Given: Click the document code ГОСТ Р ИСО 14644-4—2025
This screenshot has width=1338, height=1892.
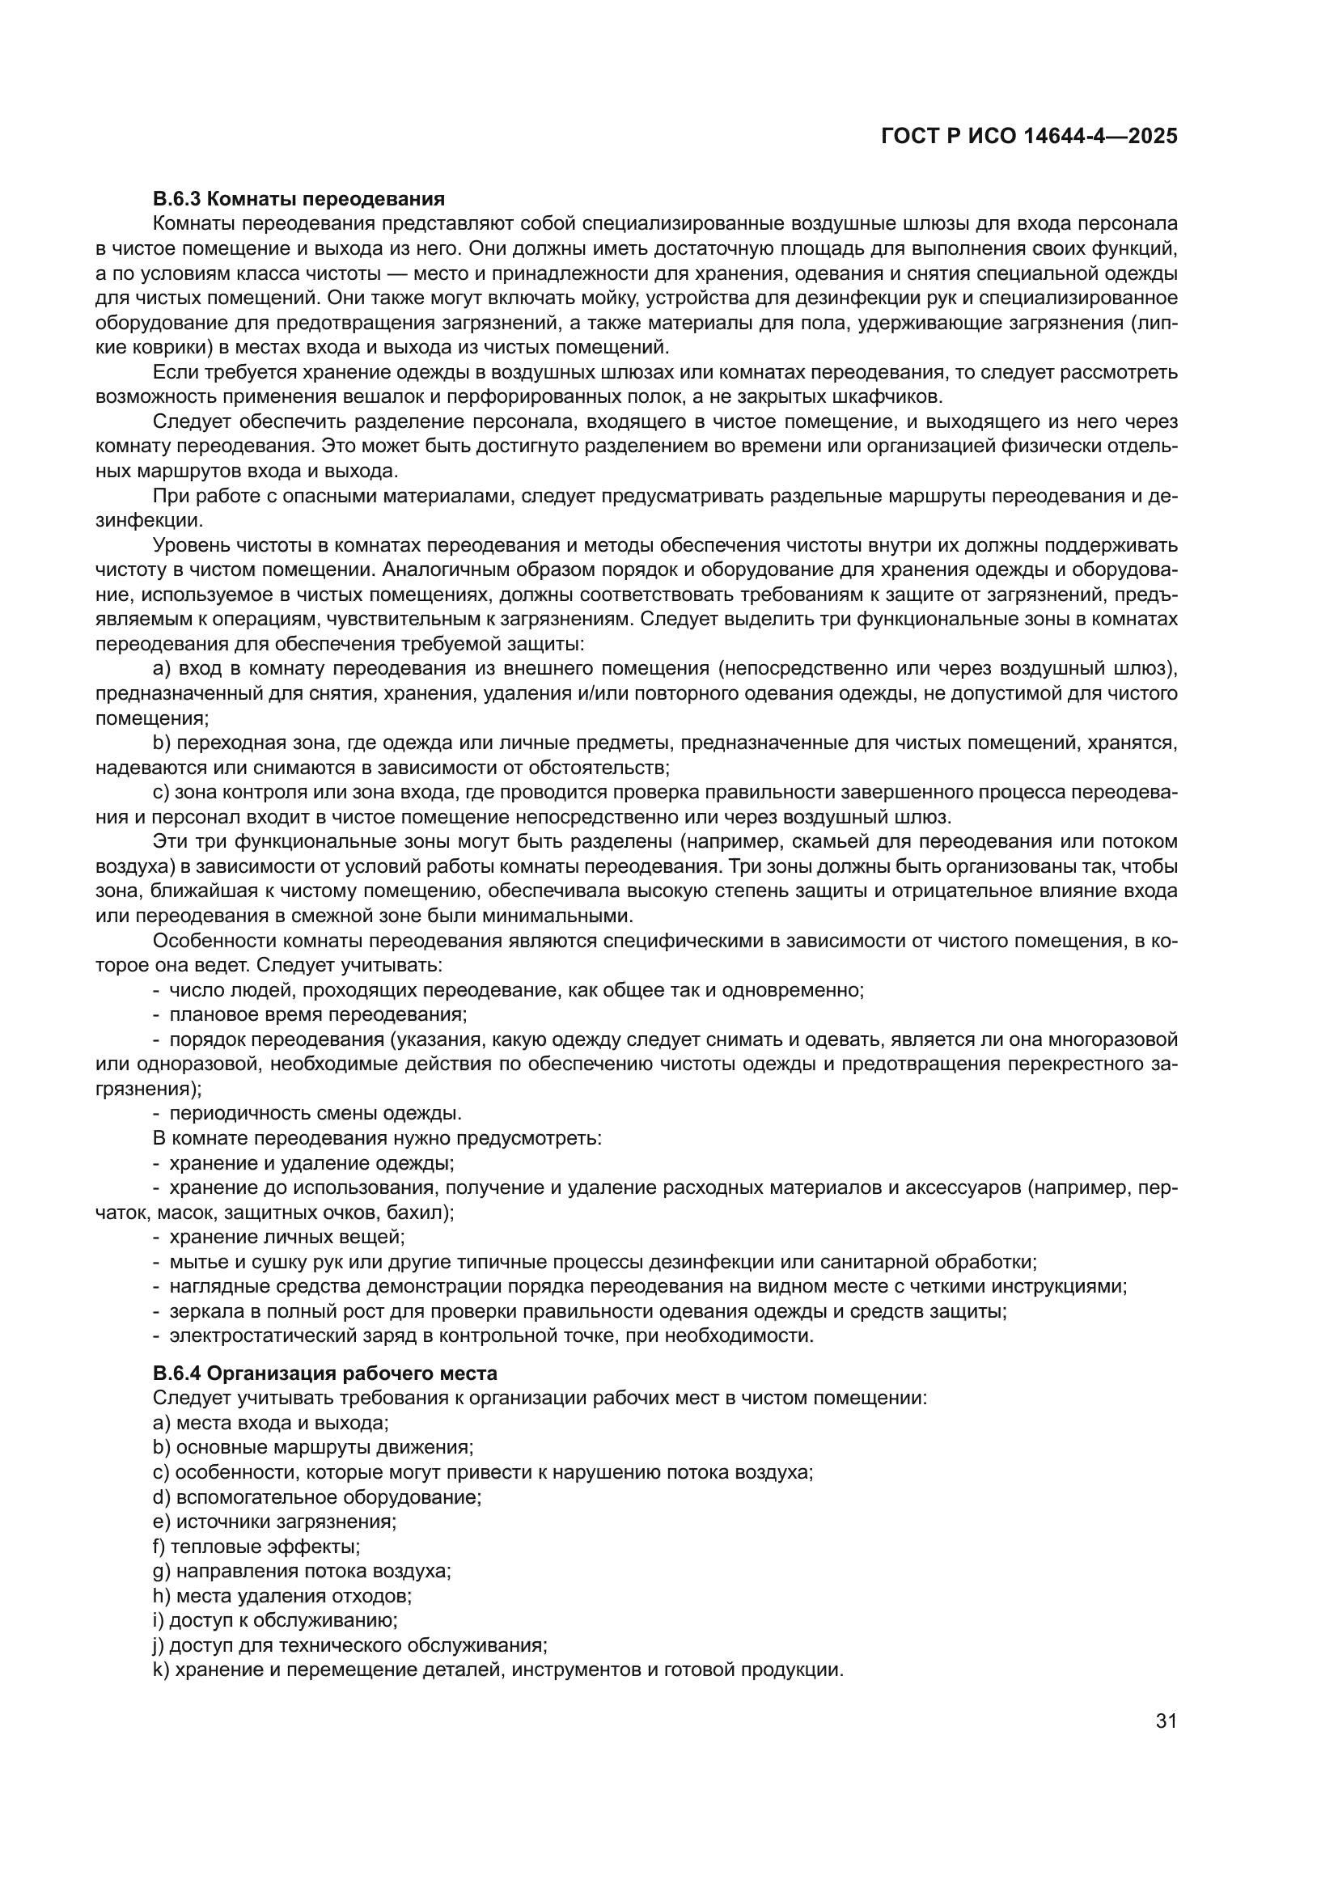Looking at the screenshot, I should coord(1028,136).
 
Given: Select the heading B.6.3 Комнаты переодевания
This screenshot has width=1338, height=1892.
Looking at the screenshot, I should coord(299,199).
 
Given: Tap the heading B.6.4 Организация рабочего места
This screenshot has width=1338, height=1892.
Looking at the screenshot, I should coord(324,1373).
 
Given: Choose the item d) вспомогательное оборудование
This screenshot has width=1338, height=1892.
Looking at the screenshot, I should coord(316,1497).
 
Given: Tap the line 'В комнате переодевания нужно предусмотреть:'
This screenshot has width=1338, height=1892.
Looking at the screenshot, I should coord(377,1138).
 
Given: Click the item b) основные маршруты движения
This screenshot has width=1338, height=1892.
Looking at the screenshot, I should coord(313,1448).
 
